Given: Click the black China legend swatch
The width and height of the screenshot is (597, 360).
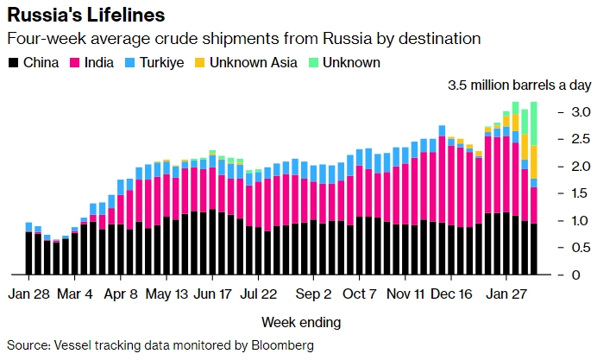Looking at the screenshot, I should tap(14, 63).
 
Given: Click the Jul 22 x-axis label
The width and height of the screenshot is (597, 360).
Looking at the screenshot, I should tap(259, 293).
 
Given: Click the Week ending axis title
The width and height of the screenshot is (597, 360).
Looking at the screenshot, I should tap(301, 322).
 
